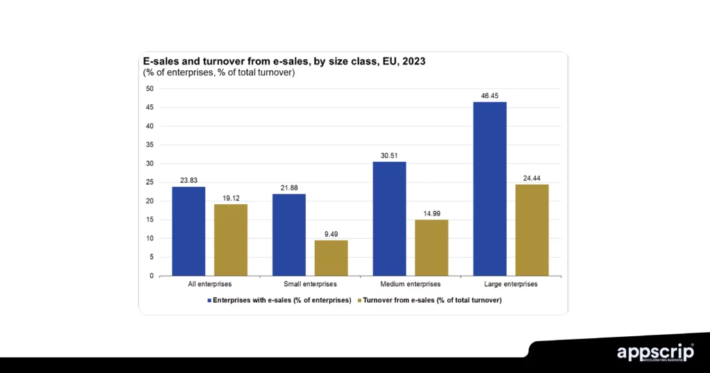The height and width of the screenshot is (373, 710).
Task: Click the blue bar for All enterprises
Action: point(189,231)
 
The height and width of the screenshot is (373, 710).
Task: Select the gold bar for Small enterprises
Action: point(331,258)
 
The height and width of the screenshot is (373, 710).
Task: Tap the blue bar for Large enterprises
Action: point(490,189)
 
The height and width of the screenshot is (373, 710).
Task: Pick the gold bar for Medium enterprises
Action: point(431,248)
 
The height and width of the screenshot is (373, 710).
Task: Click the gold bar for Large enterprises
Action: point(532,230)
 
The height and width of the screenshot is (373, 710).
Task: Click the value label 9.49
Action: point(331,233)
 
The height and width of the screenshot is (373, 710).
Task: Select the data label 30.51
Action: point(389,155)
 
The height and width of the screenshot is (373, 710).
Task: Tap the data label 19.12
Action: point(231,197)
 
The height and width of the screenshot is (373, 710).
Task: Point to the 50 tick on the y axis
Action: point(149,89)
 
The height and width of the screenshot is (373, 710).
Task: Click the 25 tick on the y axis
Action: point(149,183)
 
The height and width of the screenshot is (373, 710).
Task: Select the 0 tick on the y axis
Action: point(151,276)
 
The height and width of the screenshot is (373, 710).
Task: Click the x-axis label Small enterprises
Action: point(310,285)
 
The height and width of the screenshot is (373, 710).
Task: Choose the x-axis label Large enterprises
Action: point(511,285)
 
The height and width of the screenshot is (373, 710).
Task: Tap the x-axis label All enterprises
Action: point(210,285)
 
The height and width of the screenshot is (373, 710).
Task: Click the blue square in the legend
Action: point(209,300)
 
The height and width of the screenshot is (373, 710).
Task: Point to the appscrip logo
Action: point(655,353)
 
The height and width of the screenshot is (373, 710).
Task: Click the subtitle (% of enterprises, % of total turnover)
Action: point(219,73)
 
